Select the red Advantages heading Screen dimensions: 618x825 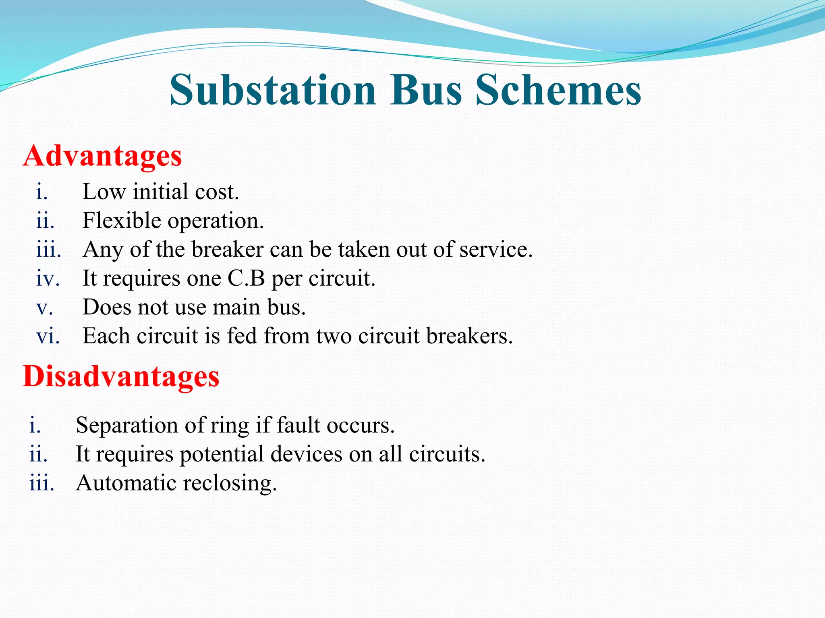pyautogui.click(x=102, y=156)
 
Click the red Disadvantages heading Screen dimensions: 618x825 pyautogui.click(x=121, y=376)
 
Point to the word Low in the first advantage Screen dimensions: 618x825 pyautogui.click(x=104, y=192)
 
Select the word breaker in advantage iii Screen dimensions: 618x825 pyautogui.click(x=228, y=249)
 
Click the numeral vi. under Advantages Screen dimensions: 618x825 pyautogui.click(x=48, y=336)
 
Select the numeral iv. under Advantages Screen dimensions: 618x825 pyautogui.click(x=48, y=278)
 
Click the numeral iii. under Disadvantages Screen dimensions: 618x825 pyautogui.click(x=41, y=483)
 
